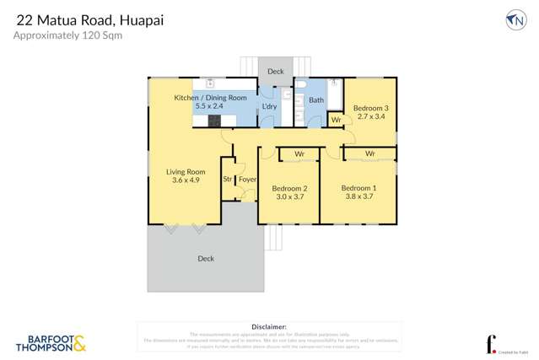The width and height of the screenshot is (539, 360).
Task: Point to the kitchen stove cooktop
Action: pyautogui.click(x=213, y=121)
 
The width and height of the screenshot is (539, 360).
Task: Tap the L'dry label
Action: pyautogui.click(x=269, y=106)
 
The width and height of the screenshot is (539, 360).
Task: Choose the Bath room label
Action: pyautogui.click(x=315, y=100)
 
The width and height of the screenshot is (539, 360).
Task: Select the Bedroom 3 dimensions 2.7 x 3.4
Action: pyautogui.click(x=370, y=117)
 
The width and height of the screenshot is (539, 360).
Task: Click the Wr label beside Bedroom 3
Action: pyautogui.click(x=335, y=121)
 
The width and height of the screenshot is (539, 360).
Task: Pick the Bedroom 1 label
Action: pyautogui.click(x=358, y=187)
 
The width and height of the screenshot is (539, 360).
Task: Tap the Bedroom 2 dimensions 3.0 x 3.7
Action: pyautogui.click(x=288, y=197)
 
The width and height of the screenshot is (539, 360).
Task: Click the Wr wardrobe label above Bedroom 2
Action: pyautogui.click(x=299, y=153)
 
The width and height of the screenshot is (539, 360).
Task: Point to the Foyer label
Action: pyautogui.click(x=247, y=179)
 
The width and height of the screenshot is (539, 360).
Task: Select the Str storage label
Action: pyautogui.click(x=228, y=179)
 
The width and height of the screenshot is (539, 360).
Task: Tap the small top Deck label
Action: pyautogui.click(x=276, y=72)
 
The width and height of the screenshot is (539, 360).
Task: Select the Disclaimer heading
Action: pyautogui.click(x=269, y=325)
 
